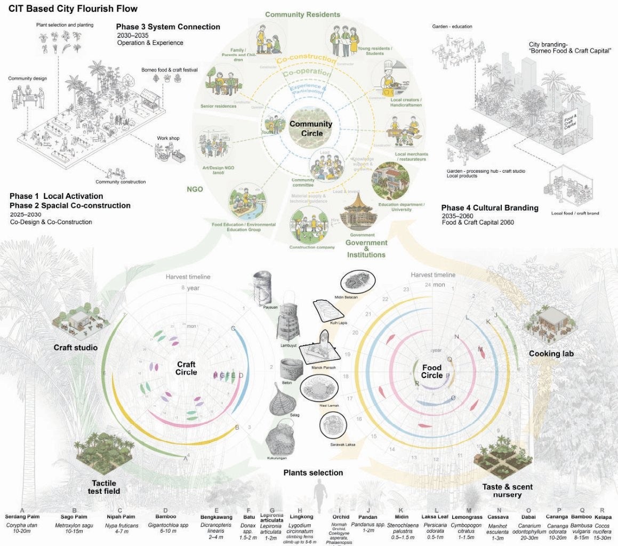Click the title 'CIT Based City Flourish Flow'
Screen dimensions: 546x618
point(73,9)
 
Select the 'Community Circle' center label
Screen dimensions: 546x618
point(311,129)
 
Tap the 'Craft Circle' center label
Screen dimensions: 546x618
point(187,368)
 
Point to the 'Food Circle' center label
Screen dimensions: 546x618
point(432,372)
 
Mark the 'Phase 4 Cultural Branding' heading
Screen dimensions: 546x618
point(489,208)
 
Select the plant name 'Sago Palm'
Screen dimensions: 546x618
point(75,517)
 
